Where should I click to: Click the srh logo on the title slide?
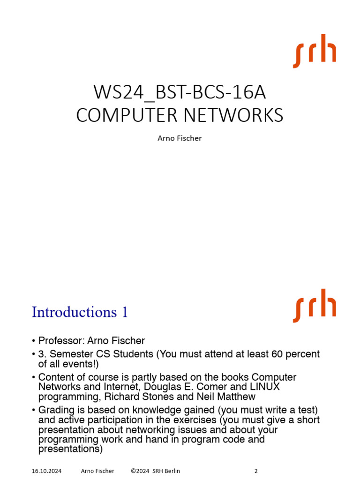tap(315, 51)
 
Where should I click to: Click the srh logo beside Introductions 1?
tap(315, 306)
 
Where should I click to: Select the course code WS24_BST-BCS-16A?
tap(180, 92)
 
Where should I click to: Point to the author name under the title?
tap(180, 138)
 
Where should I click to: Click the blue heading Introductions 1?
tap(80, 312)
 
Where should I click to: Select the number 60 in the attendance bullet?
tap(278, 354)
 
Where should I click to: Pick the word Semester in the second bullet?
tap(69, 354)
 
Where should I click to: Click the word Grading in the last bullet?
tap(54, 411)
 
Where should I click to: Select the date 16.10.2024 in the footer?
tap(46, 471)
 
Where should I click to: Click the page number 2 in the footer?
tap(256, 471)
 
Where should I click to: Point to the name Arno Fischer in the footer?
tap(97, 471)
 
